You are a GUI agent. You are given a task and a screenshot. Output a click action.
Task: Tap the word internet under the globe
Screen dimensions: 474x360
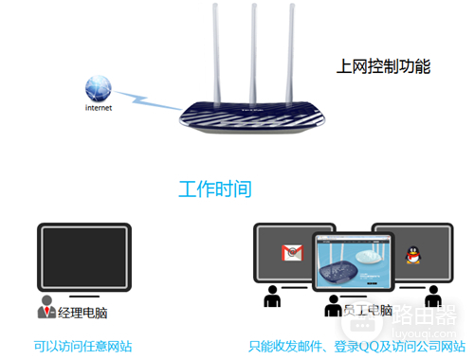pos(99,108)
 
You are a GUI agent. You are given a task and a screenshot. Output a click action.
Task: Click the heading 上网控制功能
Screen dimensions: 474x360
pos(383,66)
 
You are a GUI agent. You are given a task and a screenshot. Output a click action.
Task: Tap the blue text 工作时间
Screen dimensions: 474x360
pos(215,189)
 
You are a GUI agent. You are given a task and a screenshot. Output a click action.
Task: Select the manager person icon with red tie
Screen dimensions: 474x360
pos(46,307)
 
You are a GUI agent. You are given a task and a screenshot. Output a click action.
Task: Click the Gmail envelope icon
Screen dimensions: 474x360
pos(292,253)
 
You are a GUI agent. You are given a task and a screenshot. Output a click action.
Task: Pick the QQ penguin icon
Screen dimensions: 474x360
pos(412,254)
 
